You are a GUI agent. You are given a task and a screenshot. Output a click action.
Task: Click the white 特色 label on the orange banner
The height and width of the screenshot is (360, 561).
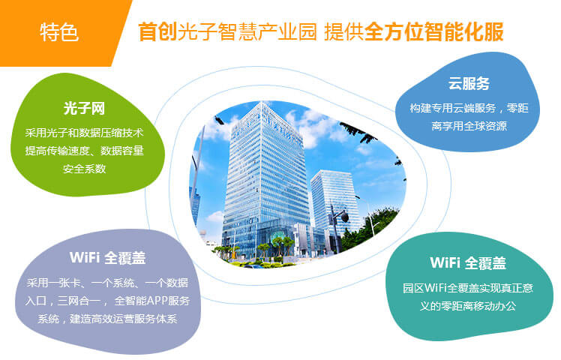coord(59,32)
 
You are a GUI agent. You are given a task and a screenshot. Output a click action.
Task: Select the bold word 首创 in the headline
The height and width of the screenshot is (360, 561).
coord(157,31)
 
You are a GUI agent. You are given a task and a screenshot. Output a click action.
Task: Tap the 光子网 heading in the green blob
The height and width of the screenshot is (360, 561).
coord(84,108)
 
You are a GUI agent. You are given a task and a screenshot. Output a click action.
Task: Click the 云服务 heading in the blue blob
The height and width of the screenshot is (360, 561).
coord(469,83)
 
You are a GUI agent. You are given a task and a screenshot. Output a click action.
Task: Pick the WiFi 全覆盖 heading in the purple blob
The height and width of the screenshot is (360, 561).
coord(108,258)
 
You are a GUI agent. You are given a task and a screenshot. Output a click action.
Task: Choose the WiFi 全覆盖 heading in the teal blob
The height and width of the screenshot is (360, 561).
coord(468,262)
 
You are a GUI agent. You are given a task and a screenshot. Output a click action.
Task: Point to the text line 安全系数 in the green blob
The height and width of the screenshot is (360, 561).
coord(85,169)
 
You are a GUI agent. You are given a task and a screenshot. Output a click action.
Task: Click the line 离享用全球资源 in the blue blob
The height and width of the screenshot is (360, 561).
coord(469,125)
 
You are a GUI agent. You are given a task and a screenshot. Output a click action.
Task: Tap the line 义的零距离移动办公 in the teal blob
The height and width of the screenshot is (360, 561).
coord(468,306)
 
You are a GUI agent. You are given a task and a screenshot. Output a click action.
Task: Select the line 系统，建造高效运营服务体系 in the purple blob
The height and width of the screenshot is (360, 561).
coord(107,319)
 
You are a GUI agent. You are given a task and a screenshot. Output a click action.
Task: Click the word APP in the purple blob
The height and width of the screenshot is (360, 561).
coord(157,301)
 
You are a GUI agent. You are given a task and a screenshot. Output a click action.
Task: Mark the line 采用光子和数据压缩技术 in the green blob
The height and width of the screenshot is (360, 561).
coord(85,133)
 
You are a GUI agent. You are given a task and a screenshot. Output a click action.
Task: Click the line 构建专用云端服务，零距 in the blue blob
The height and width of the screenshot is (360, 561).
coord(469,108)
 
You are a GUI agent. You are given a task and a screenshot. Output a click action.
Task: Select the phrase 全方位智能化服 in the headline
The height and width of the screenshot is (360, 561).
coord(434,31)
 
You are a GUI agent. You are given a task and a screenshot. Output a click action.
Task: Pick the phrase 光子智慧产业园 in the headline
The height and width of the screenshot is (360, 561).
coord(247,31)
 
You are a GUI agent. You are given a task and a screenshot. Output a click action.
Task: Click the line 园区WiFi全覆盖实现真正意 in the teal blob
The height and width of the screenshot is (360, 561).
coord(468,288)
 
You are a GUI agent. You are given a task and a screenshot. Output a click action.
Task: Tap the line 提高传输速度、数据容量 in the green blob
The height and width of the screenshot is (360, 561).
coord(85,151)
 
